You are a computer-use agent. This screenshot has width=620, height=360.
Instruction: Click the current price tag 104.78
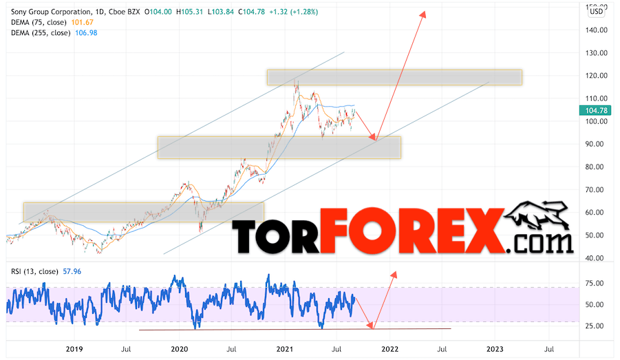596,110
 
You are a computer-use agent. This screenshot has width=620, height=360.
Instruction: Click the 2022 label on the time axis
389,350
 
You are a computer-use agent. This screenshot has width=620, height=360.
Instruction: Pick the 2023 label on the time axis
495,350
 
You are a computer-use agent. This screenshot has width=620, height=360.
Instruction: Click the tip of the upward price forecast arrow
423,12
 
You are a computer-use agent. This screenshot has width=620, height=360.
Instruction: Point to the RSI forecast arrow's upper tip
395,273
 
